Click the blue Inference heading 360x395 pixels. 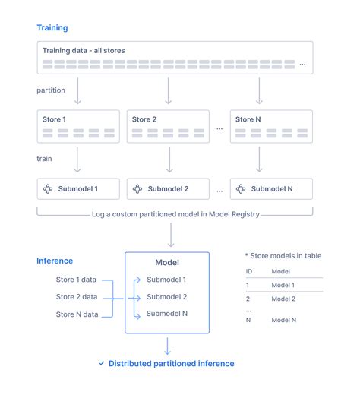(x=55, y=261)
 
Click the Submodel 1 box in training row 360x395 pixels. (x=78, y=188)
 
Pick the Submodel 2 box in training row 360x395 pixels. (x=168, y=188)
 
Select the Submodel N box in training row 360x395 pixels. (x=271, y=188)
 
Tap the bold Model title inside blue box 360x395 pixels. (x=166, y=263)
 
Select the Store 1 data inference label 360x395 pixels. (x=76, y=280)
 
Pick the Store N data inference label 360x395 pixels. (x=76, y=314)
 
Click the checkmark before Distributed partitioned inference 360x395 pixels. (x=102, y=364)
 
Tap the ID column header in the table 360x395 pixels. (x=248, y=270)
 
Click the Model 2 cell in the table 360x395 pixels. (x=284, y=299)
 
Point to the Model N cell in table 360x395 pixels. (x=284, y=321)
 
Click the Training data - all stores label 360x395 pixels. (x=84, y=51)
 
